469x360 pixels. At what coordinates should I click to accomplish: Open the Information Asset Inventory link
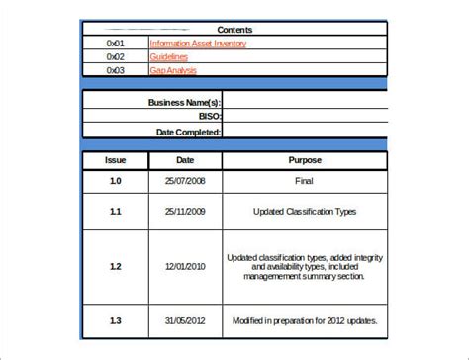tap(198, 44)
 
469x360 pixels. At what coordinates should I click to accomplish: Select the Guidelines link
tap(168, 57)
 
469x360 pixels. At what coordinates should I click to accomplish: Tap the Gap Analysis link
tap(173, 70)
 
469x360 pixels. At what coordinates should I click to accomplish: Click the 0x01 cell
tap(116, 44)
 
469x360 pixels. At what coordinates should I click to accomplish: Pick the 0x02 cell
tap(116, 57)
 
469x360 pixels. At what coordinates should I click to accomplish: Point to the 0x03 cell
tap(116, 70)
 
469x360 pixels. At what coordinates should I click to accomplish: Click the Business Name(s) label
tap(184, 102)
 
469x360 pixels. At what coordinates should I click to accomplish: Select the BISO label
tap(207, 116)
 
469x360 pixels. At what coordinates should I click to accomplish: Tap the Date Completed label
tap(188, 131)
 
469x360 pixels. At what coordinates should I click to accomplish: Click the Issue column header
tap(115, 159)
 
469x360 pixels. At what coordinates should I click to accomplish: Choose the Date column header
tap(185, 159)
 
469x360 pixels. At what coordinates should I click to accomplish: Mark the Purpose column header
tap(305, 159)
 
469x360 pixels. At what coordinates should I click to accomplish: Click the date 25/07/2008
tap(185, 180)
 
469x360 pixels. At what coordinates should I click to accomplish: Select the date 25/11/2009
tap(185, 212)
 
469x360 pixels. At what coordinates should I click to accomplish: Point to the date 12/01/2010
tap(185, 266)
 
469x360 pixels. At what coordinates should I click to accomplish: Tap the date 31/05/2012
tap(185, 320)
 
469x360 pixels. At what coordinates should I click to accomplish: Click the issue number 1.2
tap(115, 266)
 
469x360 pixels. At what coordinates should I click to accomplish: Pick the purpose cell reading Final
tap(305, 180)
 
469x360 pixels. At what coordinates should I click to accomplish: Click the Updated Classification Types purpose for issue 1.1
tap(305, 212)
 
